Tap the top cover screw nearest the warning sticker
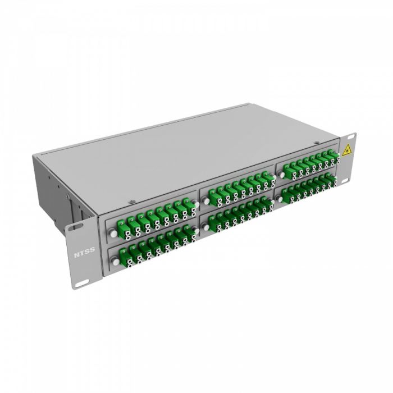317,142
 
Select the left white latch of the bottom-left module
116,259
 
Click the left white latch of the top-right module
281,174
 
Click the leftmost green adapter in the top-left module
124,225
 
